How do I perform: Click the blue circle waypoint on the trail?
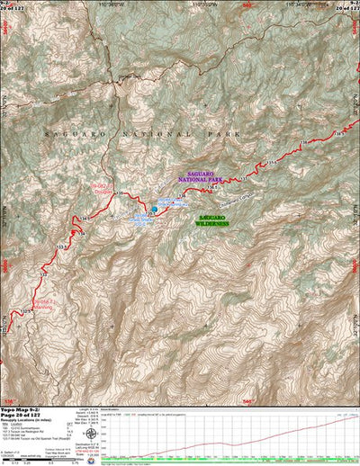click(x=154, y=210)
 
